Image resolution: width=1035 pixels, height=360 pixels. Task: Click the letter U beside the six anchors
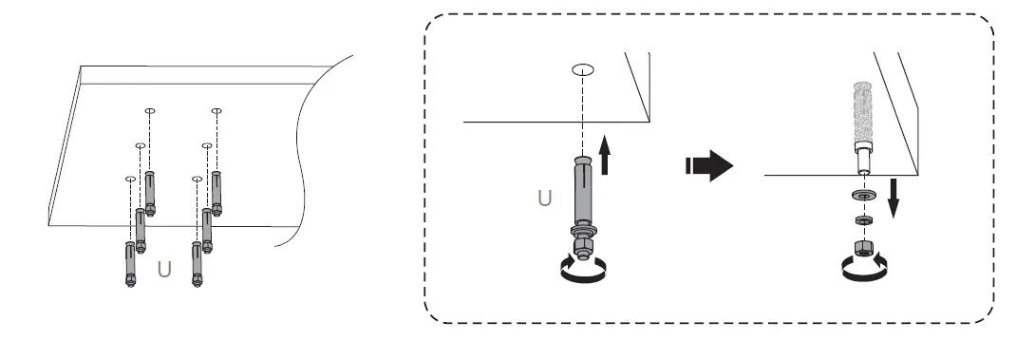tap(164, 269)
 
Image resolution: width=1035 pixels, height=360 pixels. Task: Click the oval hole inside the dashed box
tap(583, 69)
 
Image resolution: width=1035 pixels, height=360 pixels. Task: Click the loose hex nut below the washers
tap(862, 249)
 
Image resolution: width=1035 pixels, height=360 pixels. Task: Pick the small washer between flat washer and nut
tap(862, 220)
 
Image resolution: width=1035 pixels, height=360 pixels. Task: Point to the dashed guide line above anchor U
tap(583, 114)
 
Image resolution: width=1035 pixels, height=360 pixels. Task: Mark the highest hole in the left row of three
tap(149, 111)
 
